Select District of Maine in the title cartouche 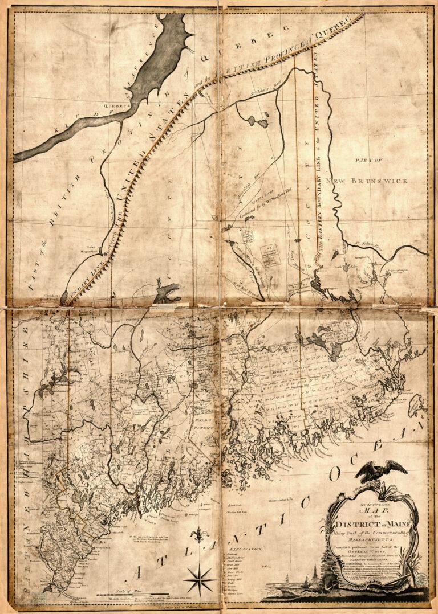[x=371, y=523]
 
